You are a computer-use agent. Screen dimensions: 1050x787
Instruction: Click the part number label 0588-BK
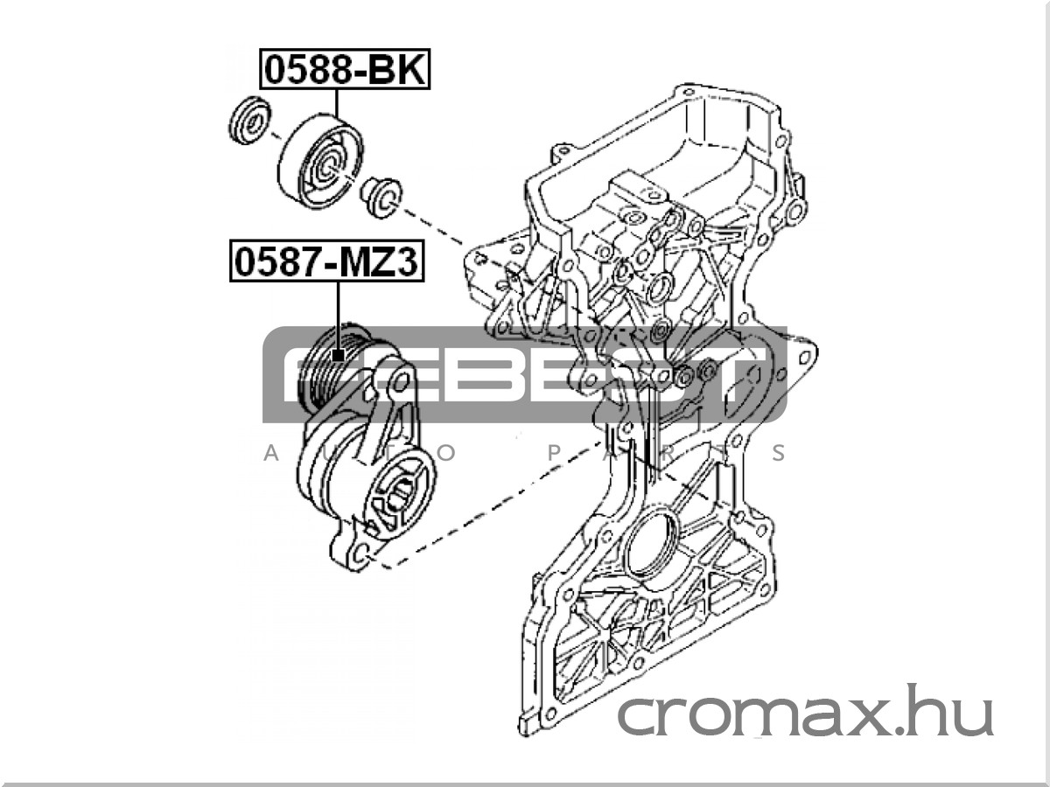(345, 69)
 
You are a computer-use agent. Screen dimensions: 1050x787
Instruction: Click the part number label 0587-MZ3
(326, 261)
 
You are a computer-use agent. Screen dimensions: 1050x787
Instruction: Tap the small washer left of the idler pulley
(249, 121)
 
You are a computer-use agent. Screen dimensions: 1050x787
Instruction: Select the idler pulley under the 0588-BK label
(320, 162)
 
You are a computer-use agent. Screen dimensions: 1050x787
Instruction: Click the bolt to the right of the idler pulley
(381, 198)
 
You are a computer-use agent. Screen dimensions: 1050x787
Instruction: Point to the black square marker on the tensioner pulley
(339, 355)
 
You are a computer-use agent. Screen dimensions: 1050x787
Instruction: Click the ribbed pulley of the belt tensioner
(335, 368)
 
